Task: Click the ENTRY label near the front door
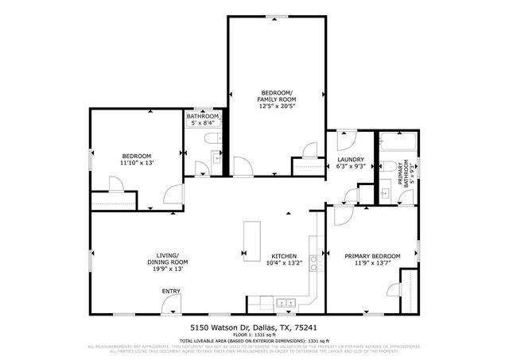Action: coord(171,292)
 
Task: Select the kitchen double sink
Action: coord(286,304)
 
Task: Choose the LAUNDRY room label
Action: coord(352,159)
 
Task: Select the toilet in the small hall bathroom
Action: coord(212,140)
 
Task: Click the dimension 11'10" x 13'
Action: coord(137,163)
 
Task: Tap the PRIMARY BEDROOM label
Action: coord(372,256)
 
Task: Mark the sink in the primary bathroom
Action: coord(384,193)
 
